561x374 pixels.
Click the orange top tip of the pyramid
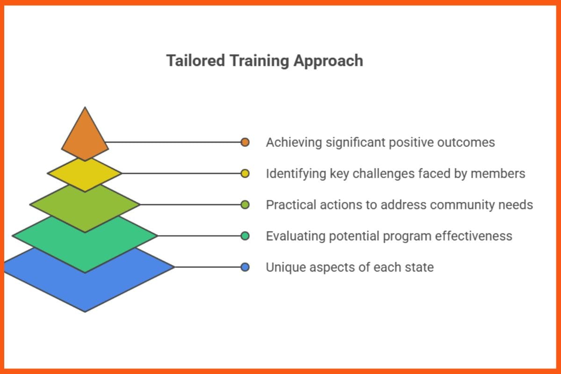(85, 136)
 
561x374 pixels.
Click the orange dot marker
(245, 142)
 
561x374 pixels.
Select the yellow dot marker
(245, 173)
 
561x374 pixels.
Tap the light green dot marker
(245, 204)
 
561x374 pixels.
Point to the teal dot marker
(245, 236)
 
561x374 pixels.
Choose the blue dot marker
(245, 267)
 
